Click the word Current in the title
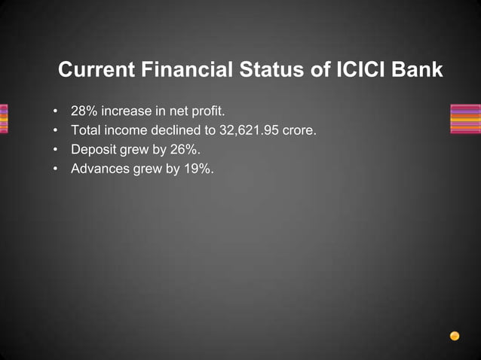pos(95,70)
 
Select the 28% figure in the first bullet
pos(84,111)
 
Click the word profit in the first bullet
pos(207,111)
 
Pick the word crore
pos(298,130)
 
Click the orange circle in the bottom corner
pos(455,336)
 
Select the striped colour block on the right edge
pos(464,119)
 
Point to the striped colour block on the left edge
pos(4,119)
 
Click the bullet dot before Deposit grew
pos(56,150)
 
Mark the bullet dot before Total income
pos(56,131)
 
